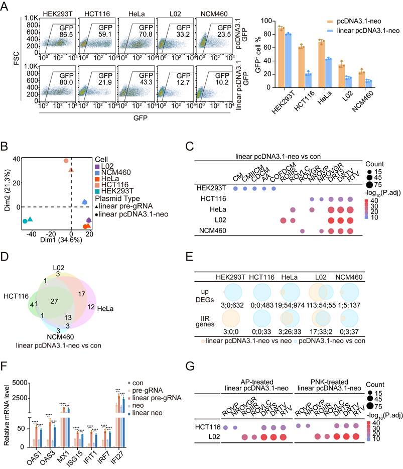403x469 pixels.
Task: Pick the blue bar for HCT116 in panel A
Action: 307,80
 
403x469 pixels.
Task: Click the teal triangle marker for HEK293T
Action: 31,219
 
